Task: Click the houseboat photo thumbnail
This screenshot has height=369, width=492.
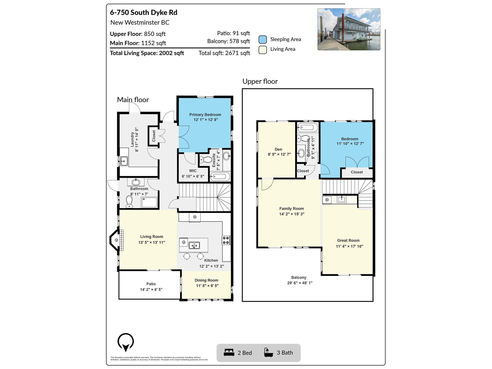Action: tap(349, 29)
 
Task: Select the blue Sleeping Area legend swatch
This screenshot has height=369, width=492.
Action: tap(263, 39)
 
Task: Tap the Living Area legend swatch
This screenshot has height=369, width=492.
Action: tap(263, 50)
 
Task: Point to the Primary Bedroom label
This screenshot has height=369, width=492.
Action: tap(205, 115)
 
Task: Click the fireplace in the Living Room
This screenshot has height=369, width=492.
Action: tap(117, 240)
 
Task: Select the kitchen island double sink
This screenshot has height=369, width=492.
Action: tap(194, 245)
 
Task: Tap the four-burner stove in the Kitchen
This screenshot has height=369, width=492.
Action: tap(226, 240)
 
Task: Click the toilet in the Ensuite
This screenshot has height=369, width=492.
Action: tap(205, 160)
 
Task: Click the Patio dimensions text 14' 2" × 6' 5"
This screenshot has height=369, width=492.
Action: tap(151, 289)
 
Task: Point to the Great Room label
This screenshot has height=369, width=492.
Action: tap(348, 240)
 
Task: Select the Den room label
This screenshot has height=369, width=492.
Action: tap(278, 149)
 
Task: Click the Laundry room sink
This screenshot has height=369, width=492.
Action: tap(124, 161)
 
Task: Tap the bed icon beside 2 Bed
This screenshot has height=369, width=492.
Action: tap(229, 352)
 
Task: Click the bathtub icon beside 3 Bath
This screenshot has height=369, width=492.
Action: tap(268, 352)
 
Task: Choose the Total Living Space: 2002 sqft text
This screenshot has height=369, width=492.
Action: tap(147, 53)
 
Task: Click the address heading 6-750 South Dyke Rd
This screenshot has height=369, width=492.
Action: tap(144, 13)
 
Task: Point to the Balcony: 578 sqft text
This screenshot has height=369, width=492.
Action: tap(228, 41)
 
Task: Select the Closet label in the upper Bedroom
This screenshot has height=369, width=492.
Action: tap(357, 172)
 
